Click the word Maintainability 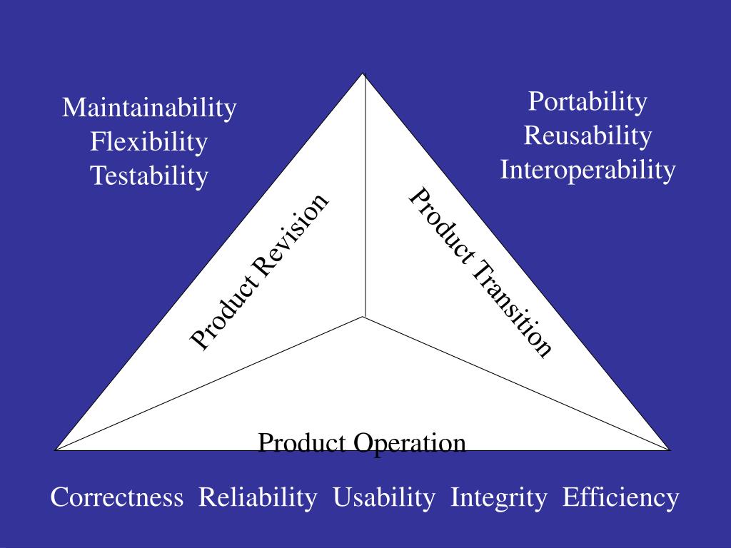(x=148, y=108)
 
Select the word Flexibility (x=148, y=142)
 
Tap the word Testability (x=148, y=176)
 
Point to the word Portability (x=588, y=102)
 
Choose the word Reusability (x=588, y=136)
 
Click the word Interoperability (x=588, y=170)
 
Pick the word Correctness (x=116, y=497)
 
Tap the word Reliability (x=258, y=497)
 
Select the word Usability (x=384, y=497)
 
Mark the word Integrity (x=499, y=497)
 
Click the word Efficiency (x=620, y=497)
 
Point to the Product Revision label (x=260, y=272)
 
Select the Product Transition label (x=480, y=272)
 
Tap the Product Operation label (x=362, y=443)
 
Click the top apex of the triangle (x=364, y=73)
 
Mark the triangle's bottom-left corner (x=56, y=450)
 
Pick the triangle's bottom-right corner (x=670, y=450)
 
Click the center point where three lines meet (x=365, y=316)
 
